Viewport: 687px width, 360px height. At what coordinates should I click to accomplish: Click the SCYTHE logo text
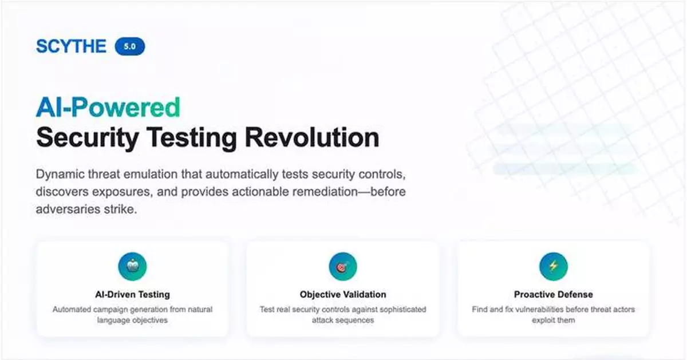(x=71, y=46)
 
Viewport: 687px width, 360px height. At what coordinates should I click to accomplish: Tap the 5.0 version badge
(x=130, y=46)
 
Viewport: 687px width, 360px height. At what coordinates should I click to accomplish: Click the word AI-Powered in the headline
(x=108, y=107)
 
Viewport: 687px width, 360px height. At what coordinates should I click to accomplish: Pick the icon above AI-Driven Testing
(x=132, y=266)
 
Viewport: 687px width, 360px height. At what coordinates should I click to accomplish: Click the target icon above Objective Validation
(x=343, y=266)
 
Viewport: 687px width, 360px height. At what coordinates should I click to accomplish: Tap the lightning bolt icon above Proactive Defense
(x=554, y=266)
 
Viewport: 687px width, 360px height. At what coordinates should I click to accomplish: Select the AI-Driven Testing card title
(x=132, y=295)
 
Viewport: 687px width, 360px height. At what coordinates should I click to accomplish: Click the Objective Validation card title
(x=343, y=295)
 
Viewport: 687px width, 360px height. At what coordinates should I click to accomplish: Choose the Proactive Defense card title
(x=554, y=295)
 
